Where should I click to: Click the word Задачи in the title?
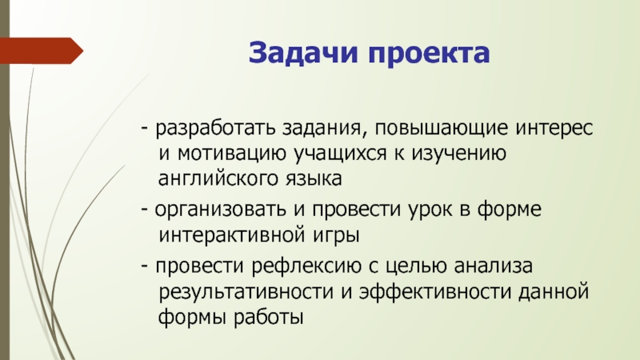(303, 53)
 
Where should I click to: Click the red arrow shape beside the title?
(42, 50)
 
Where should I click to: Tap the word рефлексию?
(306, 266)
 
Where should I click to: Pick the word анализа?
(494, 266)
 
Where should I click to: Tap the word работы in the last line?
(269, 316)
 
